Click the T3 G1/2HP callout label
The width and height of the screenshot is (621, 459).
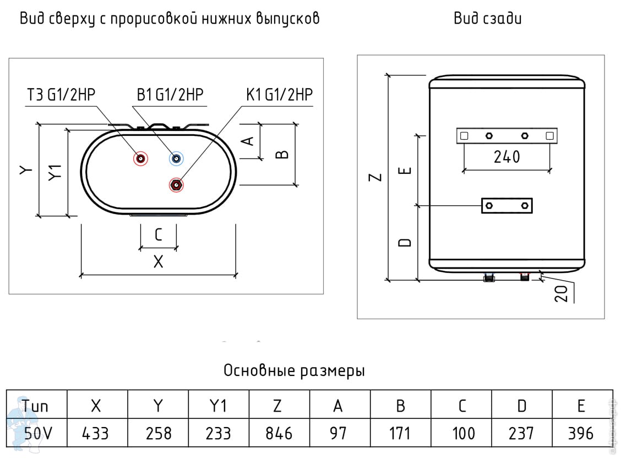point(61,95)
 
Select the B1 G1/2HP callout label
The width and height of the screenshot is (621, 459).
point(170,95)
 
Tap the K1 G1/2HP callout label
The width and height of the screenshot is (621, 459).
point(279,95)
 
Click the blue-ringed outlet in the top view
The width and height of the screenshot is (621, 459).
point(176,159)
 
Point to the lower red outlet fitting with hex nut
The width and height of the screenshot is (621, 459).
point(176,185)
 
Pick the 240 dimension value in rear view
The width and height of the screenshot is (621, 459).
point(506,157)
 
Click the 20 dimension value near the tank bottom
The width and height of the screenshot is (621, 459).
point(562,293)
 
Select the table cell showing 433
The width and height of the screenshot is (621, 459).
point(95,433)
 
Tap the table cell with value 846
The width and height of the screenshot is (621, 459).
point(279,433)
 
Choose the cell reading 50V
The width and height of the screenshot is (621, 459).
point(37,433)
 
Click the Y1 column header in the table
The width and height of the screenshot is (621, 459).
point(218,405)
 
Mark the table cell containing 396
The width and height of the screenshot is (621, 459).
point(581,433)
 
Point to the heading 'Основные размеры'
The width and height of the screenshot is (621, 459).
point(294,371)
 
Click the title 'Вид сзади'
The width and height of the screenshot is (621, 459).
point(488,18)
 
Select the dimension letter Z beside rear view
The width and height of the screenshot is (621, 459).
point(375,177)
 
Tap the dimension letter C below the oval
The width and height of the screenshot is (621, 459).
point(159,235)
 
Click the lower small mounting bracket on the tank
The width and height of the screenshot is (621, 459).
point(507,206)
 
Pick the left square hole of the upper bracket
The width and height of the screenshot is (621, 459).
point(464,136)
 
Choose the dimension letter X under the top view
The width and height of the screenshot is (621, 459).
point(159,261)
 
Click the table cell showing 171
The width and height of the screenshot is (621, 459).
point(400,433)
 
